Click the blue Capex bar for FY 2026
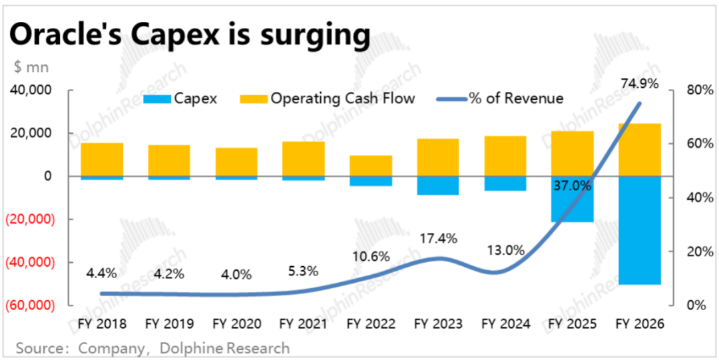click(639, 230)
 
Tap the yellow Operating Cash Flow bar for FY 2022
click(371, 166)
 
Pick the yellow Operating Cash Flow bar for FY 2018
click(102, 160)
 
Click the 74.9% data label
click(639, 84)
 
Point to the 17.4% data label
click(437, 237)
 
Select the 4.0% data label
click(236, 273)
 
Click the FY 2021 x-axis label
click(303, 324)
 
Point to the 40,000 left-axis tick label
click(32, 90)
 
